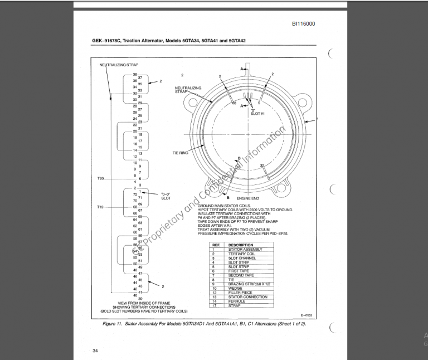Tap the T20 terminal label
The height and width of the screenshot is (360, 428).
(101, 178)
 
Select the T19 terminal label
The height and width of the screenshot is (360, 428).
(101, 207)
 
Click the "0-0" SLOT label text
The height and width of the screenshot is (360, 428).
(166, 196)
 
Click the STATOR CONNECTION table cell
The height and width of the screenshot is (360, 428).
(247, 297)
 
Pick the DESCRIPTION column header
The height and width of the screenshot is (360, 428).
(241, 245)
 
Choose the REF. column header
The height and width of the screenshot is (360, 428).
(215, 245)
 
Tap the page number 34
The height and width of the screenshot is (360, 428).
(95, 351)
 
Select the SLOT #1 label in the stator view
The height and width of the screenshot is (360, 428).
(257, 113)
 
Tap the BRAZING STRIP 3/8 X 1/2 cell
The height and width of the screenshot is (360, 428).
(249, 284)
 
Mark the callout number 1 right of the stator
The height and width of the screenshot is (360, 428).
(317, 119)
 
